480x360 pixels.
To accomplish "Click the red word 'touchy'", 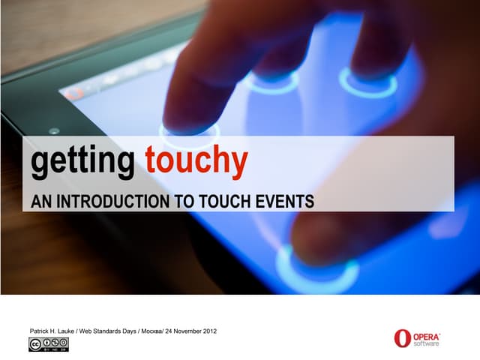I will tap(196, 163).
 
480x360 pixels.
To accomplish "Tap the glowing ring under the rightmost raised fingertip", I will tap(367, 82).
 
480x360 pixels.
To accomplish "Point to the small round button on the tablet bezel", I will tap(53, 130).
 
